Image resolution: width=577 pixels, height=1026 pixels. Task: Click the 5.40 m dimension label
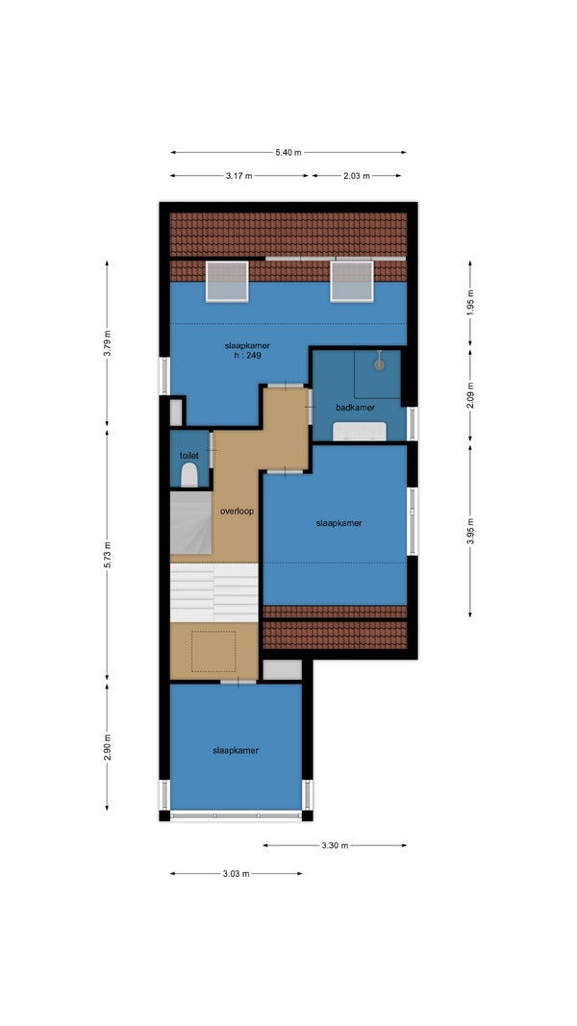[x=288, y=153]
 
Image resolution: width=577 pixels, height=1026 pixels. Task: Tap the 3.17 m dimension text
[x=238, y=176]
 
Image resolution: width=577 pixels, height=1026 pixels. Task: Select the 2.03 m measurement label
[x=357, y=176]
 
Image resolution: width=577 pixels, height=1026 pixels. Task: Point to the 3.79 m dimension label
[x=108, y=343]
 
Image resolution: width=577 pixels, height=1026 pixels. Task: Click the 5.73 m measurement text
[x=108, y=554]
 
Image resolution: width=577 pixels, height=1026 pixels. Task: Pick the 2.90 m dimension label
[x=108, y=746]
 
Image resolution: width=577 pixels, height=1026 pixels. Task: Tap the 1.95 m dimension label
[x=469, y=303]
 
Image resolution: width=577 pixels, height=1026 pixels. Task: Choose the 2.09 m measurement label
[x=469, y=394]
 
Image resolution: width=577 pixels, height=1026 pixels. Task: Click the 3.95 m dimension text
[x=469, y=531]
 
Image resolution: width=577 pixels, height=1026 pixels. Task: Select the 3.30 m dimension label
[x=335, y=845]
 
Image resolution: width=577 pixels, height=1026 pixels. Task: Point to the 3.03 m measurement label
[x=237, y=873]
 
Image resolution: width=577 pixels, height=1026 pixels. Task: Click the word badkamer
[x=355, y=407]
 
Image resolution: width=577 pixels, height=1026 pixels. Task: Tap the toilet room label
[x=189, y=455]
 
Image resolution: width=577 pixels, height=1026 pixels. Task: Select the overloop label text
[x=237, y=511]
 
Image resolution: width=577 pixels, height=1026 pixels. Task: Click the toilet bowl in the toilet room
[x=189, y=475]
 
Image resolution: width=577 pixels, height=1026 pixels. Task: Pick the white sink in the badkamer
[x=359, y=432]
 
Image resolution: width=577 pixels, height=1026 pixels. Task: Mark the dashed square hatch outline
[x=213, y=651]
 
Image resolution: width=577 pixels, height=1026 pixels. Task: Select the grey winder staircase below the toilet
[x=191, y=523]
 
